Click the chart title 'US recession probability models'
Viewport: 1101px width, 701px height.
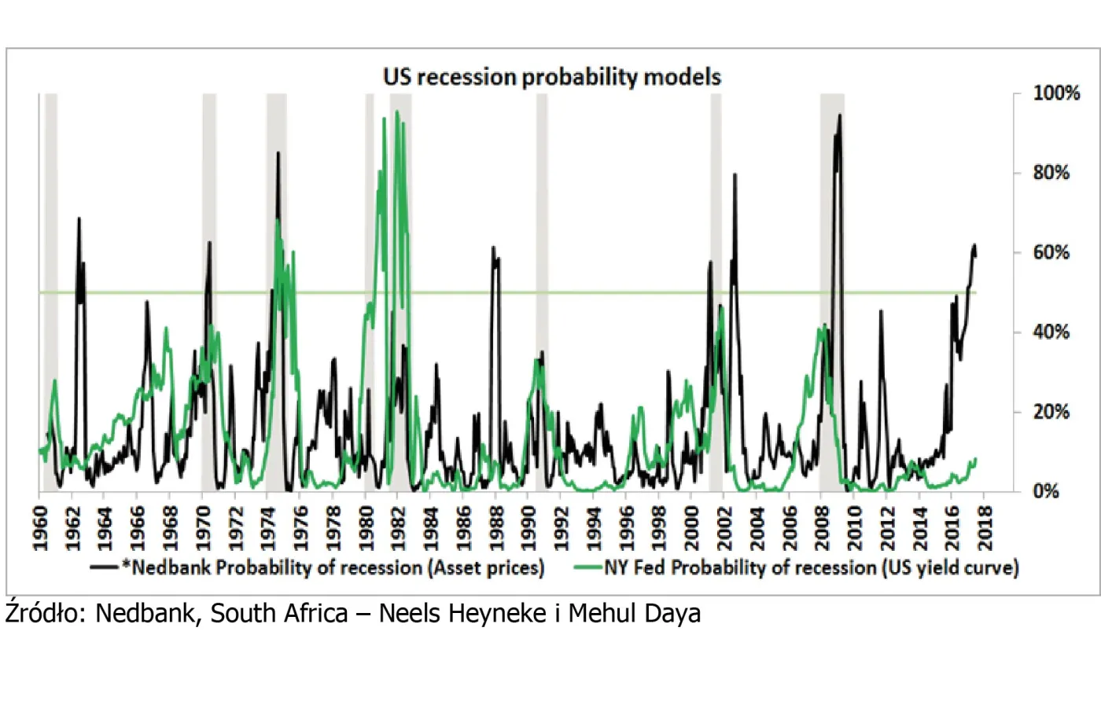[x=551, y=77]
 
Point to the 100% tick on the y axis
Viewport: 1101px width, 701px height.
[x=1056, y=94]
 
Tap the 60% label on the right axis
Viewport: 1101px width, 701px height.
[x=1051, y=253]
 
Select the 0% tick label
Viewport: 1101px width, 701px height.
[x=1047, y=492]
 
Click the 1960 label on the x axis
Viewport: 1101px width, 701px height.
[x=39, y=528]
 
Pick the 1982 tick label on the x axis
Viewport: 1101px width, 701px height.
[x=397, y=528]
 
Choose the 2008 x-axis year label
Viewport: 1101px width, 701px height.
[x=820, y=528]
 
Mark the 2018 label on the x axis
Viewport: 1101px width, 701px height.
[x=983, y=528]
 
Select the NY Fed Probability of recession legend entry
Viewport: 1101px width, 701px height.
[x=810, y=567]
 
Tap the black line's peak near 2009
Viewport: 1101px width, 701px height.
[x=840, y=116]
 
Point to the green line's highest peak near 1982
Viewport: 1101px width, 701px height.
[x=397, y=112]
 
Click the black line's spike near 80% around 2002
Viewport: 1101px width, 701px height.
[x=735, y=174]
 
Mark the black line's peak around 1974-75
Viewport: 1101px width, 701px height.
[x=278, y=152]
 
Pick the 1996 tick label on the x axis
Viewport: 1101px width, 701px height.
[x=625, y=528]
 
